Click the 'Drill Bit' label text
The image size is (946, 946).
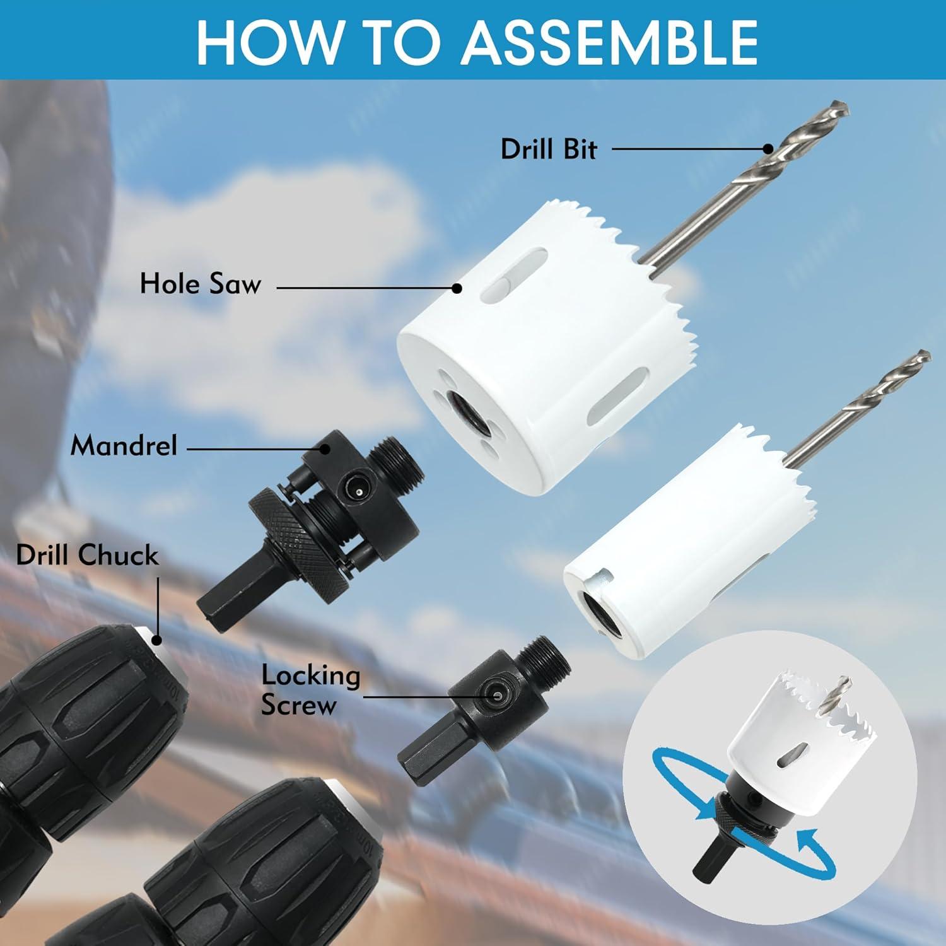point(548,150)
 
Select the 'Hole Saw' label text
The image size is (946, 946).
point(200,284)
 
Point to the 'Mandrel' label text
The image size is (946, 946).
point(124,447)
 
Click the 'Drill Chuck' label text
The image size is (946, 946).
point(87,556)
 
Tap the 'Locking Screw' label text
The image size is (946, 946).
point(310,690)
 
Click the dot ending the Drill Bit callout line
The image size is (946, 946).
point(768,149)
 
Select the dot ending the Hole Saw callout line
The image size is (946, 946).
point(457,288)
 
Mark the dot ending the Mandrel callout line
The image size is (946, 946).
point(325,449)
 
